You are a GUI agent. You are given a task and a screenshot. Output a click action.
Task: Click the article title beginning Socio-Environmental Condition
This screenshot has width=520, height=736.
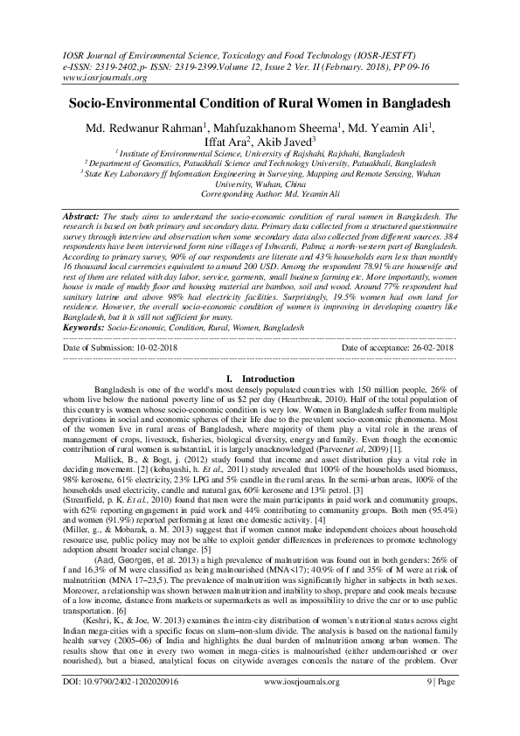click(260, 103)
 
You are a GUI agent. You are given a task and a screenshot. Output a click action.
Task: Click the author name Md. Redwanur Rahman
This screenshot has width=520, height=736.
click(147, 128)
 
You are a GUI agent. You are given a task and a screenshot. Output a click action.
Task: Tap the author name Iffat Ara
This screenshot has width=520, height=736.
click(224, 142)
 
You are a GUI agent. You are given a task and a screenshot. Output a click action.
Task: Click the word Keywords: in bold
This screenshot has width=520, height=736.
click(89, 329)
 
